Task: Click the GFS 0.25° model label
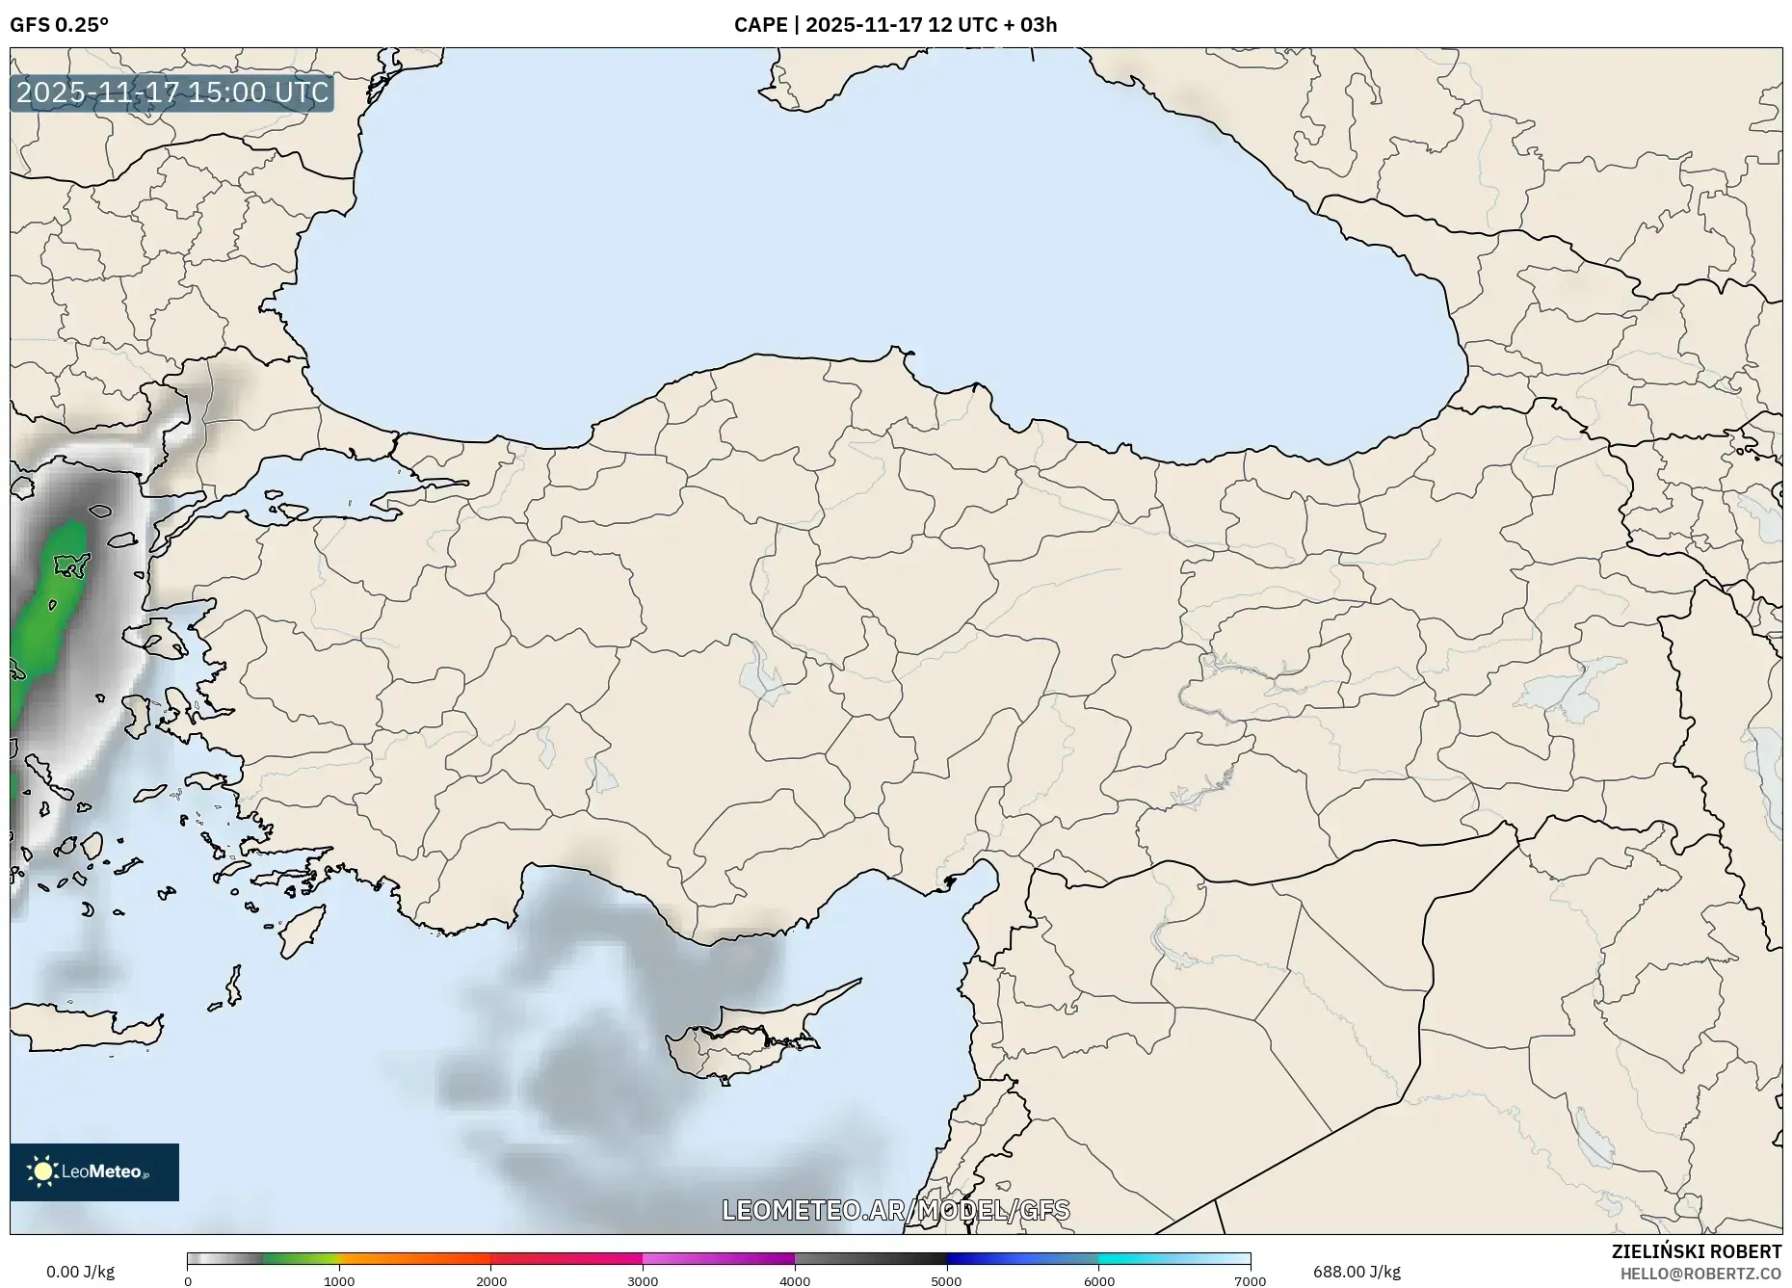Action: coord(59,25)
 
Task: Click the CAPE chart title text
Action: coord(895,25)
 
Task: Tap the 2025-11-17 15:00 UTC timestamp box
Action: coord(172,93)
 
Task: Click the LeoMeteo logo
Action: coord(94,1171)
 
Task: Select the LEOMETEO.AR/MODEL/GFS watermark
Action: coord(895,1210)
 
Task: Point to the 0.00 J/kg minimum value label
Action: coord(80,1272)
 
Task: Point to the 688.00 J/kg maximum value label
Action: coord(1357,1272)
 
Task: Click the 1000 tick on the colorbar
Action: coord(339,1281)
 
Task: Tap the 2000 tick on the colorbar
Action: coord(491,1281)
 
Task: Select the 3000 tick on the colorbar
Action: coord(643,1281)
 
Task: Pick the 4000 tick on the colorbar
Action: coord(795,1281)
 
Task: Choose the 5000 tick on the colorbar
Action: coord(946,1281)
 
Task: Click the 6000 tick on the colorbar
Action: coord(1098,1281)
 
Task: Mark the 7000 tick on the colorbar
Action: coord(1250,1281)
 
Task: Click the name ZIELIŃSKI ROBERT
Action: coord(1696,1251)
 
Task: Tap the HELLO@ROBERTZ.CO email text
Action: coord(1700,1274)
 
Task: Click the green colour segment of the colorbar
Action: coord(299,1258)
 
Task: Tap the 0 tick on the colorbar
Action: coord(188,1281)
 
